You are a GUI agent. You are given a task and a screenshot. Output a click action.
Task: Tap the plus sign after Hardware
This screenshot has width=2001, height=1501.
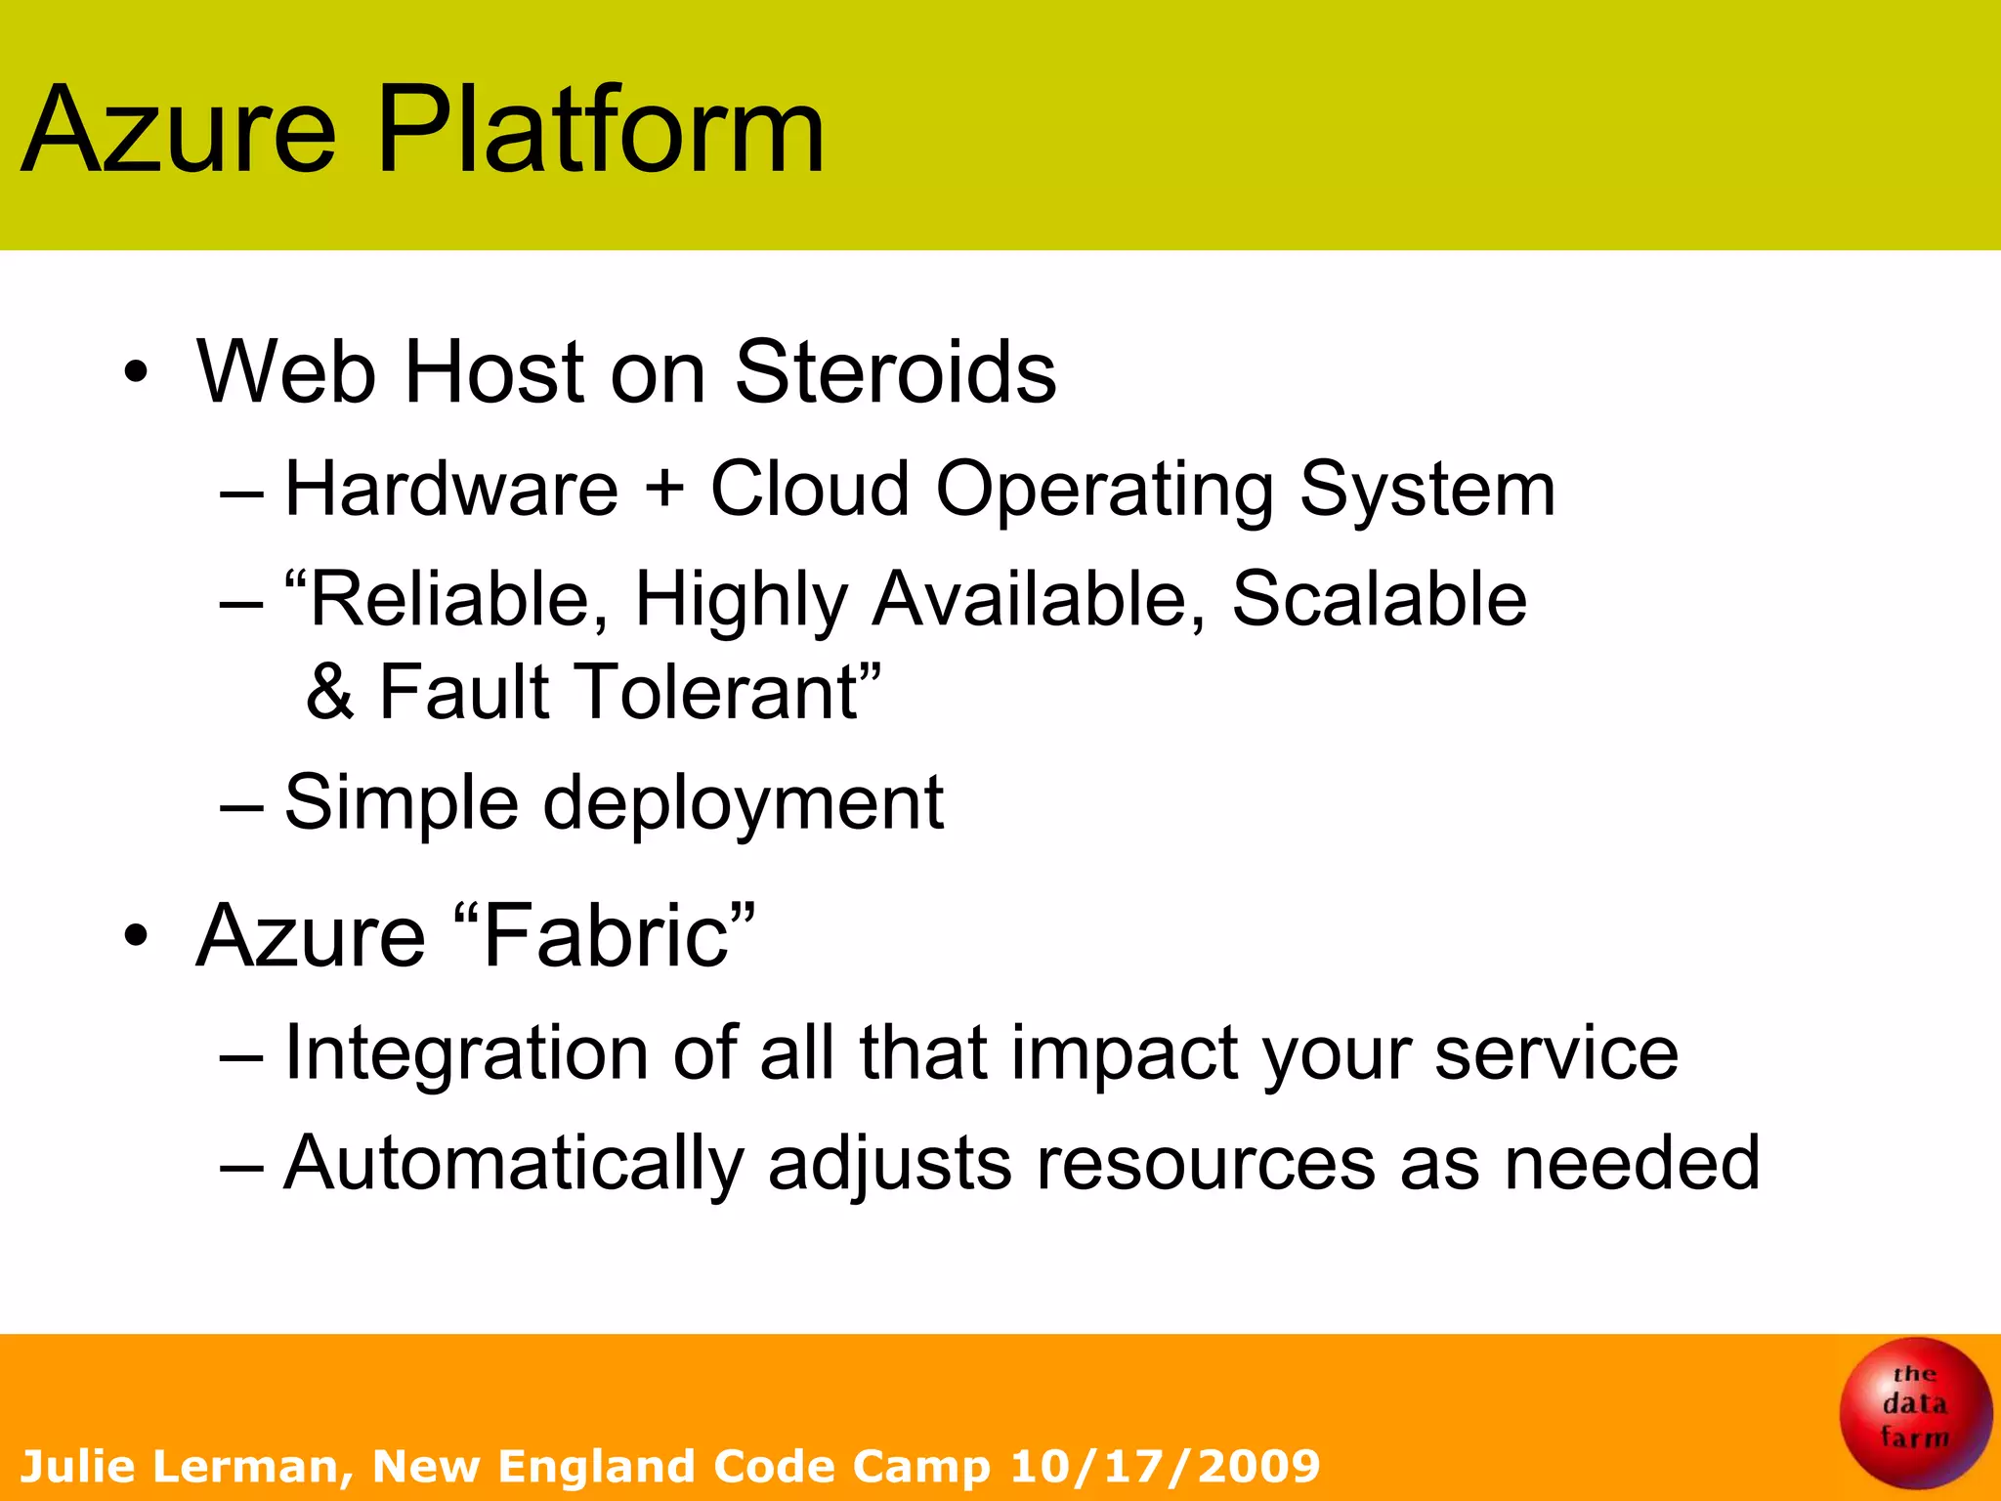(x=664, y=488)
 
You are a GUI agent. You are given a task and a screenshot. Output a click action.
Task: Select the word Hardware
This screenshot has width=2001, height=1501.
(x=451, y=488)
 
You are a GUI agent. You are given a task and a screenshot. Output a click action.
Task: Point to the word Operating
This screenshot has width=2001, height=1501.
(x=1104, y=490)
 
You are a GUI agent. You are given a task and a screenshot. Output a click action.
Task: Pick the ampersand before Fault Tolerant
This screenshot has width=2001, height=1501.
(x=330, y=692)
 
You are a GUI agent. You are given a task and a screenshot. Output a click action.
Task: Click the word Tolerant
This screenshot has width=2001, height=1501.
(x=728, y=692)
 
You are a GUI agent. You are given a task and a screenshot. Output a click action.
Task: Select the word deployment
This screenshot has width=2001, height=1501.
(x=743, y=803)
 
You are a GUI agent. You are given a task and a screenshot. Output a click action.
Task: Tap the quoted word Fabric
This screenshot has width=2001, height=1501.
(x=605, y=936)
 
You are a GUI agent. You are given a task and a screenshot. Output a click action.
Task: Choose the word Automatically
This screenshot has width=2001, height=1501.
(x=514, y=1163)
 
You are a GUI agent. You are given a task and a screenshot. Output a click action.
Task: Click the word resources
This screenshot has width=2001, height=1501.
(x=1206, y=1163)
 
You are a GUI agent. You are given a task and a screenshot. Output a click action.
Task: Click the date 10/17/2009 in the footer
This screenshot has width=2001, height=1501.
(x=1165, y=1466)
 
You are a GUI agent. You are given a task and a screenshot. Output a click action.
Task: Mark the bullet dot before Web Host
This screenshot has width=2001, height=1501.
(x=136, y=373)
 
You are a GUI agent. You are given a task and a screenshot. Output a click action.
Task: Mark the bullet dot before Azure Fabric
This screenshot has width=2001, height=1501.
(x=136, y=936)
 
